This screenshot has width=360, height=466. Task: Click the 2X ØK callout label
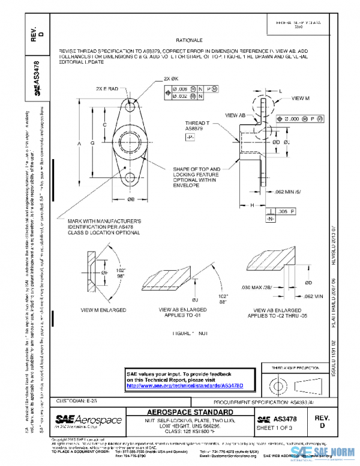point(171,79)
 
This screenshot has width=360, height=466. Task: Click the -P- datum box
point(190,138)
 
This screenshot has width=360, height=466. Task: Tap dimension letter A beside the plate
point(79,144)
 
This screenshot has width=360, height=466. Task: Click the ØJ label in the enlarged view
point(194,299)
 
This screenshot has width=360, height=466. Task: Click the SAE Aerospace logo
point(89,420)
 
